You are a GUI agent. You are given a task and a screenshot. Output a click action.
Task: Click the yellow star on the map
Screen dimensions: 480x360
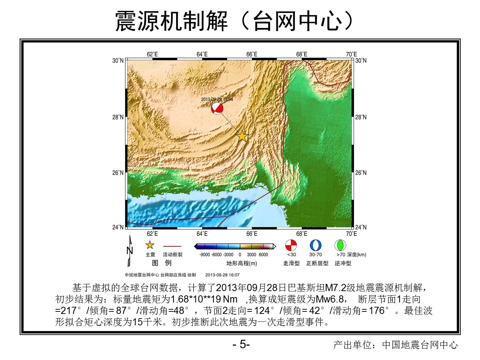[x=242, y=136]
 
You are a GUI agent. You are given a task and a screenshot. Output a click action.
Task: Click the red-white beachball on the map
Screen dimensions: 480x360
[x=217, y=109]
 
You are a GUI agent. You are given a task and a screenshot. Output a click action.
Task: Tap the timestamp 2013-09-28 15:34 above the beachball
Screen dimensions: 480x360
[x=217, y=99]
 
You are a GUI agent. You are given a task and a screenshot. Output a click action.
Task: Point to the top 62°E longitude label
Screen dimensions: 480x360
[x=152, y=54]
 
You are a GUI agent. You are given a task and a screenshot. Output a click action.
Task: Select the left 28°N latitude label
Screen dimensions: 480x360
[x=118, y=117]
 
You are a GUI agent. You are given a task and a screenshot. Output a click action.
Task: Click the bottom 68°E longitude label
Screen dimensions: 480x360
[x=301, y=234]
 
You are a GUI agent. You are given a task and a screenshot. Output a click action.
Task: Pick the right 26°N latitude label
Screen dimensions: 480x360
[x=361, y=173]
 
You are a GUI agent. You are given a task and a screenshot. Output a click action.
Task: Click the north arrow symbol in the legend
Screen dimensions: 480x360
[x=130, y=251]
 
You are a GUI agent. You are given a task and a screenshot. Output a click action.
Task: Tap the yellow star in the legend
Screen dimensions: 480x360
[x=150, y=245]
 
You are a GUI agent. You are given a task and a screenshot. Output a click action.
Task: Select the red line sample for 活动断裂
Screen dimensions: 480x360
[x=172, y=246]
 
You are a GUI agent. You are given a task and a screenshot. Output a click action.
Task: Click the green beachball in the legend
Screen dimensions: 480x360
[x=340, y=245]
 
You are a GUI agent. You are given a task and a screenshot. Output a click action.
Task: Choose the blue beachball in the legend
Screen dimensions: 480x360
[x=316, y=245]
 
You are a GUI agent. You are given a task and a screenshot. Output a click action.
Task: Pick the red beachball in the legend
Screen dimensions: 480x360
[x=291, y=245]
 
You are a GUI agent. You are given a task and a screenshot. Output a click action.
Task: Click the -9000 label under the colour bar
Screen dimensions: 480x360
[x=205, y=255]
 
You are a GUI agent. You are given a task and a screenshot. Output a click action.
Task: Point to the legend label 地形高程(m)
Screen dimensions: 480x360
[x=242, y=263]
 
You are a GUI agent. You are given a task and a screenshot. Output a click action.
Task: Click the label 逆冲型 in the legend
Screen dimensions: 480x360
[x=343, y=263]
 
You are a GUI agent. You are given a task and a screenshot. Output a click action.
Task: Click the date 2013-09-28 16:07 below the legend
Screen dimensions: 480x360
[x=222, y=275]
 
